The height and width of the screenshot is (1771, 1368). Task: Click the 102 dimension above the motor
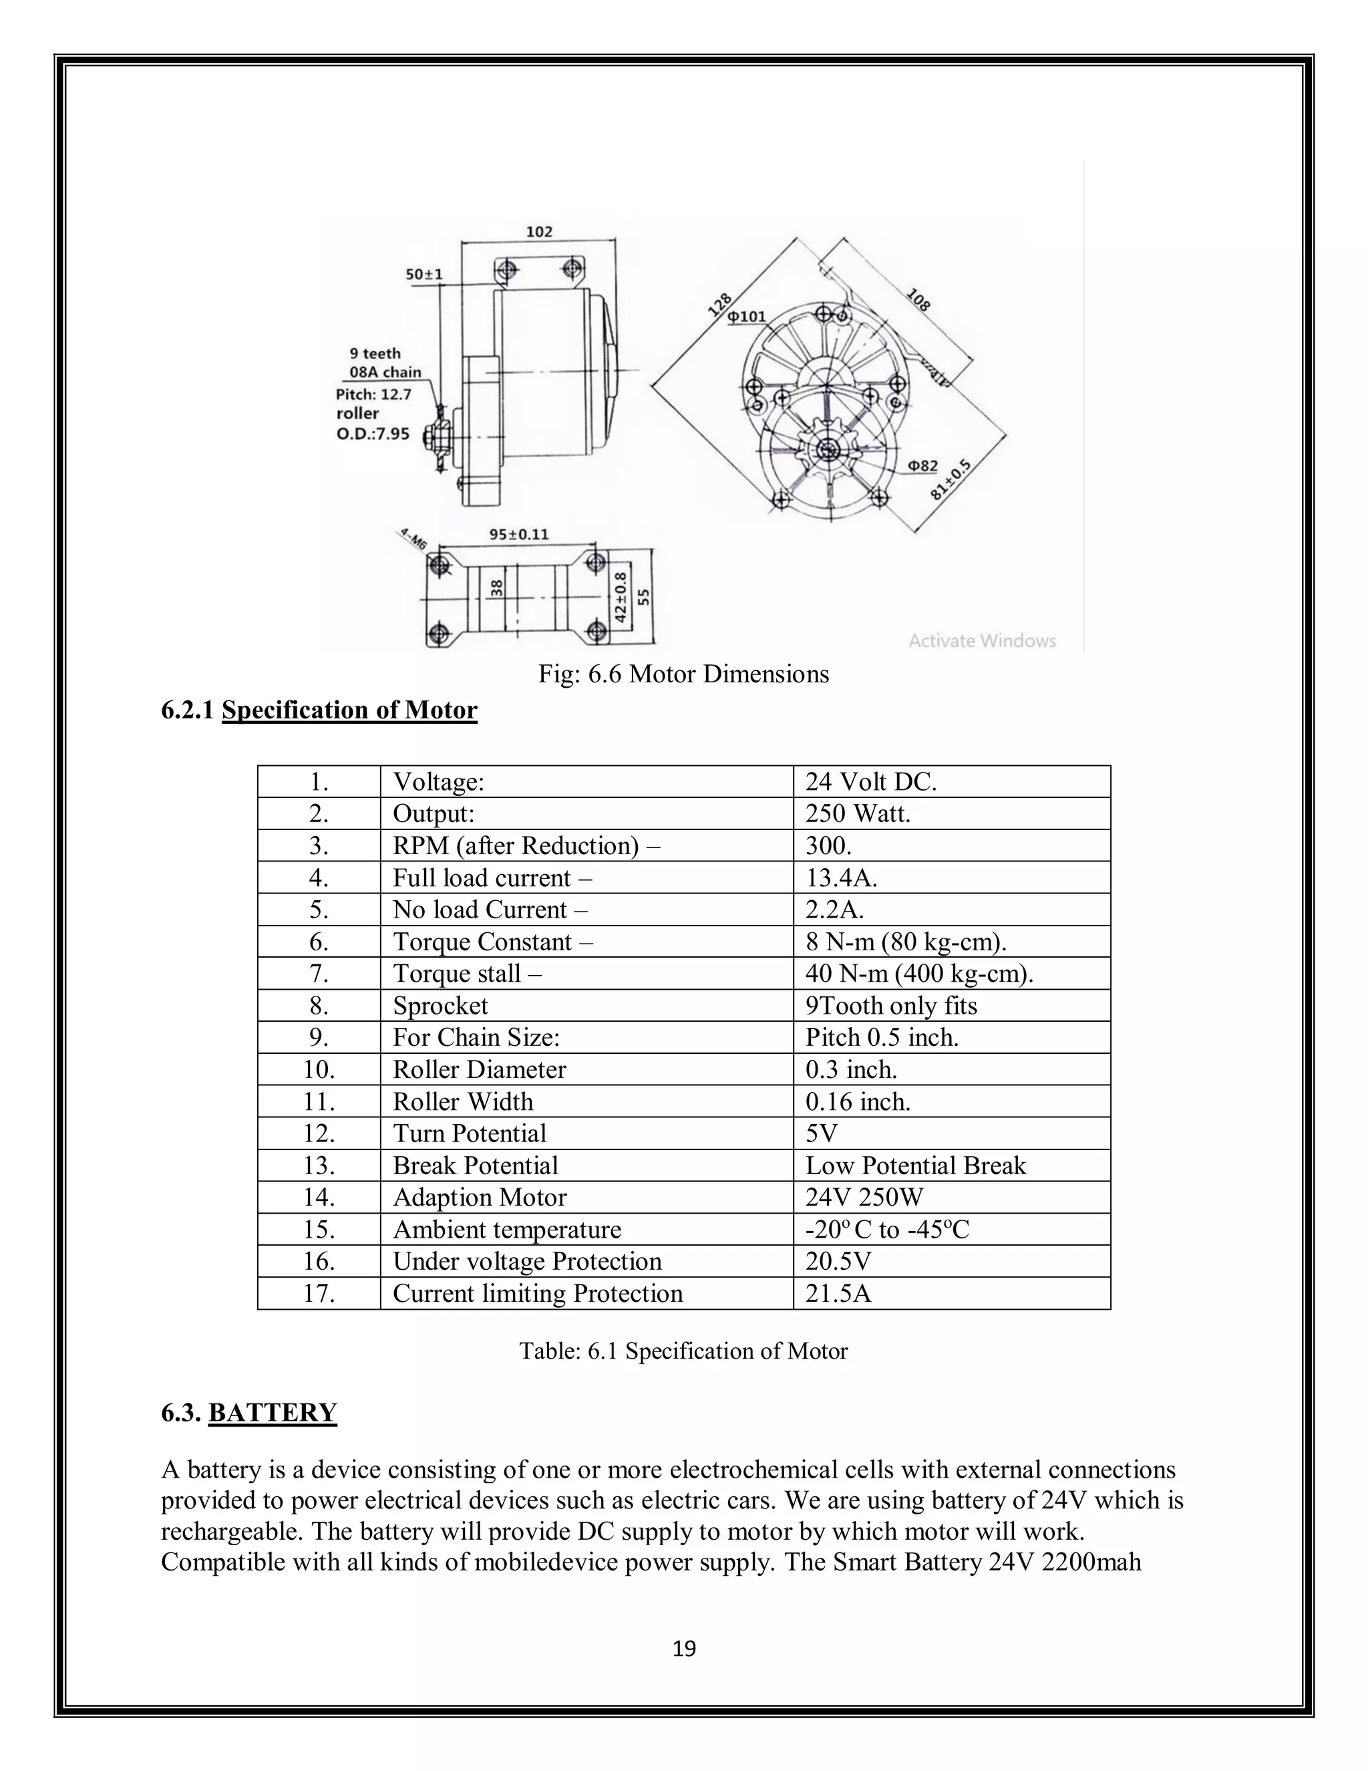point(539,232)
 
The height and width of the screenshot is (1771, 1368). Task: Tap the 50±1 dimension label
point(424,274)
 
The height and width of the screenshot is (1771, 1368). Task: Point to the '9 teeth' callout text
point(375,354)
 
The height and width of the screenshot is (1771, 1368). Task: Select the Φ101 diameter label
point(745,316)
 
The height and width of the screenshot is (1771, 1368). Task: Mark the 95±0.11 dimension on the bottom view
point(518,535)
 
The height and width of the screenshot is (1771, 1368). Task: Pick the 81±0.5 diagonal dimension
point(950,480)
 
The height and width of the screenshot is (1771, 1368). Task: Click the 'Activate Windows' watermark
point(981,641)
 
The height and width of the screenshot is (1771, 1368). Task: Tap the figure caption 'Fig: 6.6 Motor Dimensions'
point(683,674)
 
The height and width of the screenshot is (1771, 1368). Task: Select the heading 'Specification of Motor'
point(349,710)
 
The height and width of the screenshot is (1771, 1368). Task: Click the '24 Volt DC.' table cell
point(870,782)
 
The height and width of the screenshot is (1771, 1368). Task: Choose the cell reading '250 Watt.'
point(858,813)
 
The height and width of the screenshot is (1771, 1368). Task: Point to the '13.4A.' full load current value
point(841,877)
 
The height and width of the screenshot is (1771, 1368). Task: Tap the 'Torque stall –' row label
point(467,973)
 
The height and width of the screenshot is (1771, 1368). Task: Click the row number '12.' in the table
point(319,1133)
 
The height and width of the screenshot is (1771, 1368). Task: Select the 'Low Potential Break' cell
point(915,1166)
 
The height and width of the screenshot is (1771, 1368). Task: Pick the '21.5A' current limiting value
point(838,1292)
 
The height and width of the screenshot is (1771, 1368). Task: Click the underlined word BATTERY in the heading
point(273,1413)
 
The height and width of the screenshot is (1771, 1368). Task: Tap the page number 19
point(684,1649)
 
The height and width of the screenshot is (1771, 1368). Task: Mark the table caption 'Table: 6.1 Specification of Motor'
point(683,1351)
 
